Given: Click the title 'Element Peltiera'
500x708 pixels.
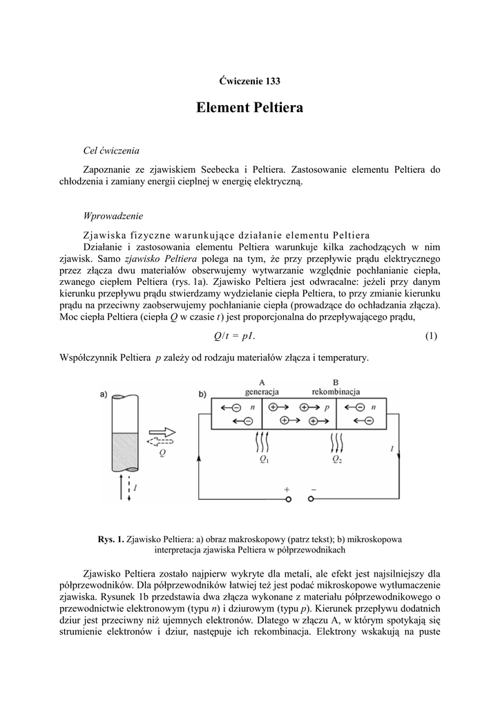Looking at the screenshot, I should pos(249,109).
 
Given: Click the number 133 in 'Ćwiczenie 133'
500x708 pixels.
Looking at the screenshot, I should pos(271,81).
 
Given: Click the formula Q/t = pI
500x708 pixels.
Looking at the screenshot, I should pos(235,336).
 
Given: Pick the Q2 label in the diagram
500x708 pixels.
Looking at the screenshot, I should pos(336,458).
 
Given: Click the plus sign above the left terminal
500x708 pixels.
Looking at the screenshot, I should pos(287,490).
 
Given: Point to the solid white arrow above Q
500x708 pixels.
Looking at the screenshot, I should pos(162,431).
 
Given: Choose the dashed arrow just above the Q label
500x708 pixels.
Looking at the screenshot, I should pos(162,442).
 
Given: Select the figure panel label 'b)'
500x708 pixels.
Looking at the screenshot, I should pos(202,395).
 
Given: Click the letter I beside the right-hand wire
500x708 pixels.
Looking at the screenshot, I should pos(392,449).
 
